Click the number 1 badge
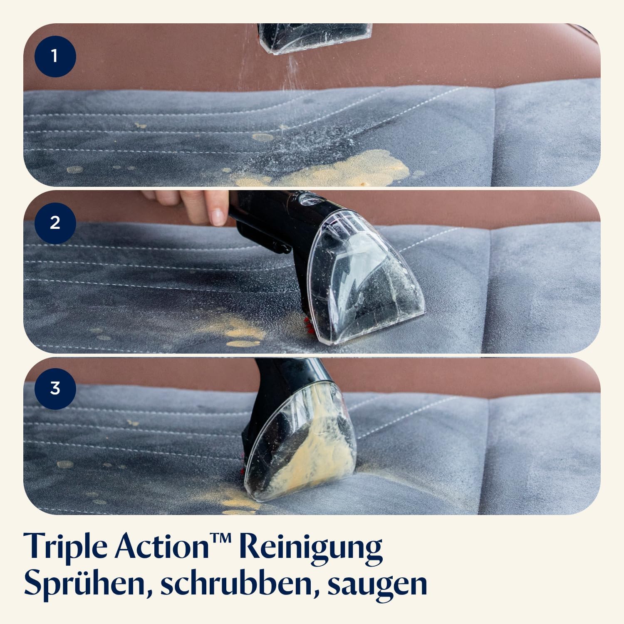55,56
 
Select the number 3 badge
55,389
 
